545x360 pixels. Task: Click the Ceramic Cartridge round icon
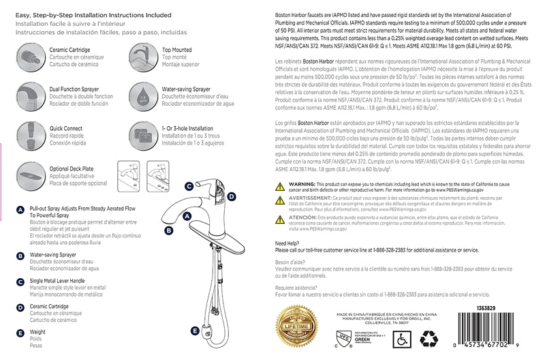[x=29, y=55]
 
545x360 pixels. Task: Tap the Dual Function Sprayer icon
[x=29, y=93]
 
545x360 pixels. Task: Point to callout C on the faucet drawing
[x=189, y=186]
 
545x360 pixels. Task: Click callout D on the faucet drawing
[x=232, y=196]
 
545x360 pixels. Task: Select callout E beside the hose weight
[x=195, y=312]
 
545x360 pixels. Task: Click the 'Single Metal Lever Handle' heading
[x=59, y=281]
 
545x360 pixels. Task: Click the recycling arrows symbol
[x=431, y=337]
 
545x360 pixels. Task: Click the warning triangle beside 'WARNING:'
[x=282, y=185]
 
